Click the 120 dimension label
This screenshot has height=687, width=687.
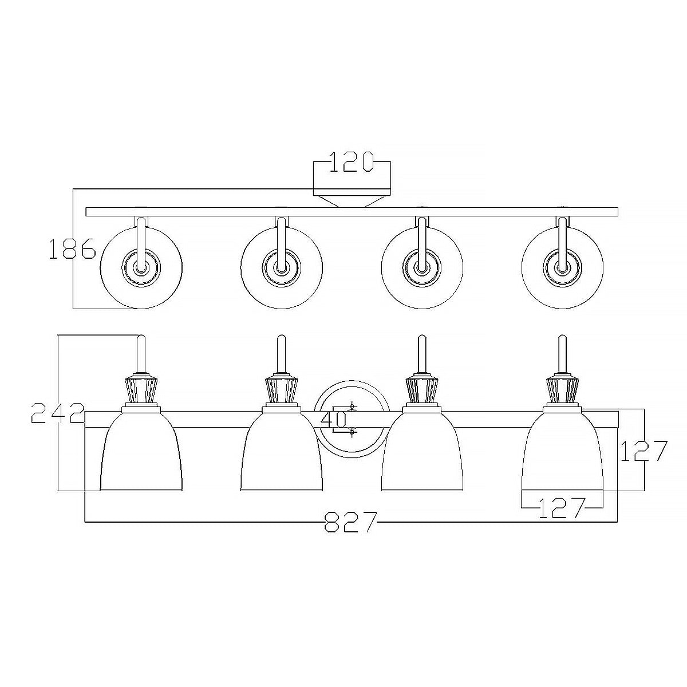click(352, 162)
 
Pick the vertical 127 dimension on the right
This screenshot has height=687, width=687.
click(643, 451)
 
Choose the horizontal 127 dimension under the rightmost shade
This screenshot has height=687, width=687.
click(562, 508)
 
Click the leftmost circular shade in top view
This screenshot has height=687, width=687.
click(141, 268)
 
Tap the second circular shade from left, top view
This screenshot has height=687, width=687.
click(282, 268)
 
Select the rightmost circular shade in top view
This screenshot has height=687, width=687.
click(562, 268)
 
